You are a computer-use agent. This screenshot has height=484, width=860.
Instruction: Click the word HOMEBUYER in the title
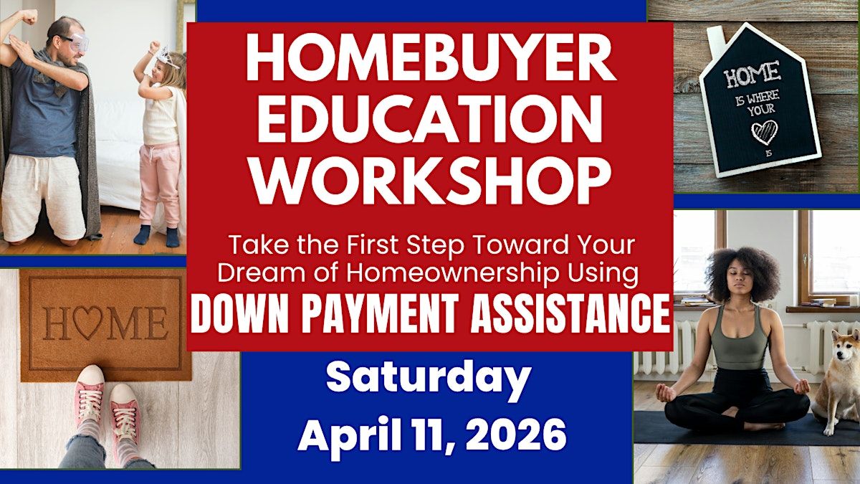431,57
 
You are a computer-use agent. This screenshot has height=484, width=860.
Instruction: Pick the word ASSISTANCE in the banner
570,314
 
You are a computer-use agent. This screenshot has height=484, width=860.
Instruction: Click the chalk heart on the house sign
765,133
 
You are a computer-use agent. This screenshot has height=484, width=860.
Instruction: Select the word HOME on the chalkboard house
752,74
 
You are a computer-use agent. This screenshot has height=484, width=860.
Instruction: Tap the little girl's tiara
167,57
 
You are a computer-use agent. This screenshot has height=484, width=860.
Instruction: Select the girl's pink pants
159,184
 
